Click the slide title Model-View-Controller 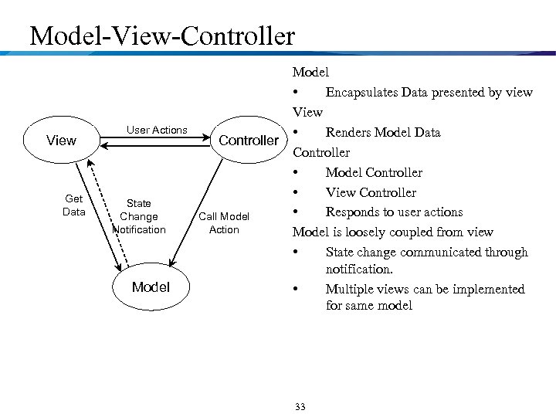(161, 36)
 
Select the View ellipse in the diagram (61, 140)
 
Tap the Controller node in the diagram (248, 140)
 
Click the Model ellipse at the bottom (151, 286)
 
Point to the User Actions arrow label (157, 130)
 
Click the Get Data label (73, 205)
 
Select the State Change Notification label (139, 216)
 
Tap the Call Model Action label (224, 223)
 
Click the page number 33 (300, 407)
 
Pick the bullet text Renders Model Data (382, 132)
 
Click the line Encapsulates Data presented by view (429, 92)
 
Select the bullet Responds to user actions (394, 212)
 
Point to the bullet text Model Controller (374, 172)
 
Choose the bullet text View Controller (371, 192)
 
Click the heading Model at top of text (310, 72)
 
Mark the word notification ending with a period (359, 269)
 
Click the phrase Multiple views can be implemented (425, 289)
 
